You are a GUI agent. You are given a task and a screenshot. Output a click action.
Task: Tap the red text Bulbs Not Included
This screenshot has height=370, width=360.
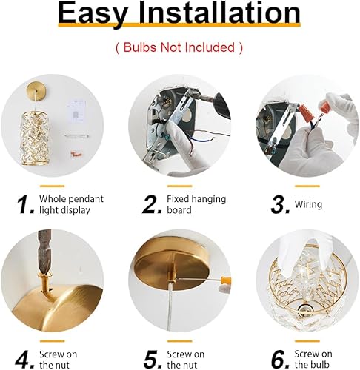(x=179, y=47)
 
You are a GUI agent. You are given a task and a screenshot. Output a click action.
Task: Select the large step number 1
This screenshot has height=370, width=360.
(x=27, y=204)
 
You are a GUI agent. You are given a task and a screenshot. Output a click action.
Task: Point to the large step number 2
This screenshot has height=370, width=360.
(x=153, y=204)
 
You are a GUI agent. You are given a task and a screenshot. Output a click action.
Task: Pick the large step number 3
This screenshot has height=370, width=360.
(x=279, y=204)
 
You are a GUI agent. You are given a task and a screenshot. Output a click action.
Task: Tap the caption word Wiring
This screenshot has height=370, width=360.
(x=309, y=204)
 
